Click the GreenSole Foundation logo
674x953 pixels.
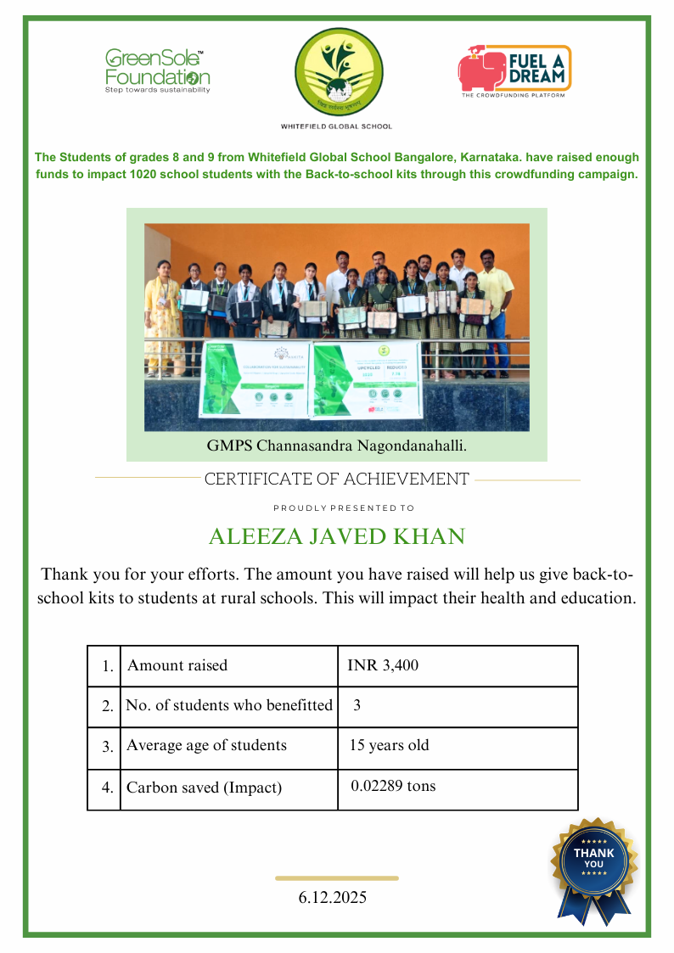pos(157,70)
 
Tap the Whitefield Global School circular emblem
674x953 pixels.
pos(337,74)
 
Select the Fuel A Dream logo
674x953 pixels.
pos(514,70)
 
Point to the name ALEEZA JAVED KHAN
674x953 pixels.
pos(337,537)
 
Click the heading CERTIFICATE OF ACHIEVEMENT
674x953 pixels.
pos(336,479)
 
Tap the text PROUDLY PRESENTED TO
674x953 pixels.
pos(344,508)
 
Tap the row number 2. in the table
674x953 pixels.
pos(107,706)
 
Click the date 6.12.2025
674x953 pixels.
pos(333,897)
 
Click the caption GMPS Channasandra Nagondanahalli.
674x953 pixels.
pos(337,445)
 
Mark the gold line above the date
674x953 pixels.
pos(337,878)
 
